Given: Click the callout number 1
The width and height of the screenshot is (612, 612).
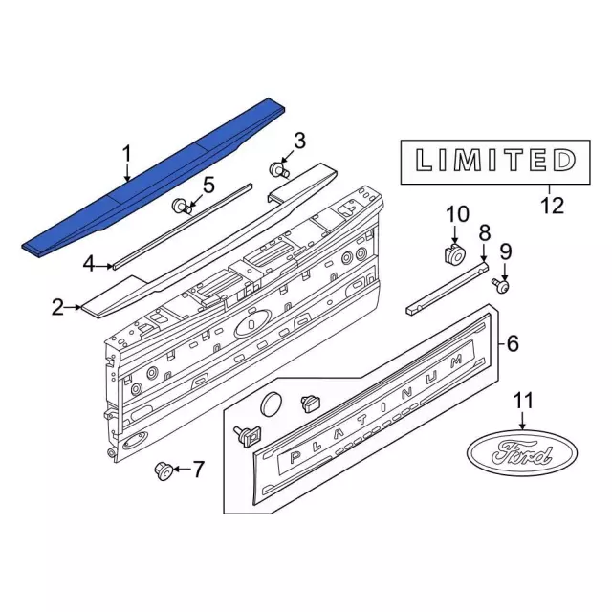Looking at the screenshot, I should (x=125, y=153).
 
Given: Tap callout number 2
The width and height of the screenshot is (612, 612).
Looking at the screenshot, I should (x=58, y=307).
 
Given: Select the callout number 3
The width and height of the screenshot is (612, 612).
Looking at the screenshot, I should (x=299, y=142).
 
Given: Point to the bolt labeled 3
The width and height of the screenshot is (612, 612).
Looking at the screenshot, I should (x=279, y=170).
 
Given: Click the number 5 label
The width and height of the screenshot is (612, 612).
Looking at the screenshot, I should (x=208, y=184).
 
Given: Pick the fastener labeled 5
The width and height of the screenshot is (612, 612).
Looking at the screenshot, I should (x=180, y=206).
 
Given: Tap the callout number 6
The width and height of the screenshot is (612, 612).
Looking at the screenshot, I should (x=513, y=342).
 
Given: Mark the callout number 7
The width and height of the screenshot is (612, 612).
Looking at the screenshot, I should (x=198, y=469).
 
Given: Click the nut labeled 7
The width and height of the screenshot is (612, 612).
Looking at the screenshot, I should (x=164, y=470).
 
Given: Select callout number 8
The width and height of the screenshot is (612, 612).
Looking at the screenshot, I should (x=484, y=232).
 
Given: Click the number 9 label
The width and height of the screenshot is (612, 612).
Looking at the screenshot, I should (x=506, y=251).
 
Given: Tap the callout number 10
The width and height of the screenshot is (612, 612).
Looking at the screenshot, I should (x=454, y=214).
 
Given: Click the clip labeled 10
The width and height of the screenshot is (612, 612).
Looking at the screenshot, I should (x=452, y=254).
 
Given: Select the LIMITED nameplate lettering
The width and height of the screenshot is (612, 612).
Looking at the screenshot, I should (x=488, y=159).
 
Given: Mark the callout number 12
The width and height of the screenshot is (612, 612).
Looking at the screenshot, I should (x=552, y=204).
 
